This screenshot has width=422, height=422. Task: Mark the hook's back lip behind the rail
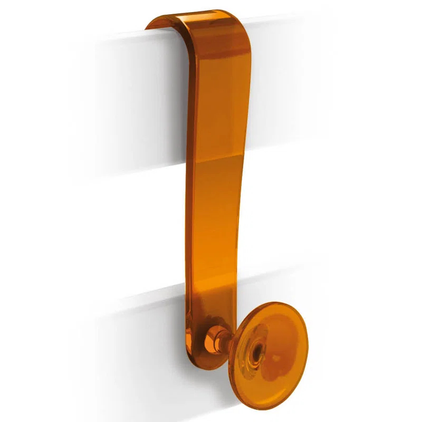click(158, 24)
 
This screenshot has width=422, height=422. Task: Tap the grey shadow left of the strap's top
click(132, 58)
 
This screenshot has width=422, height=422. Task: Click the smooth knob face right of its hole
click(277, 346)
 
